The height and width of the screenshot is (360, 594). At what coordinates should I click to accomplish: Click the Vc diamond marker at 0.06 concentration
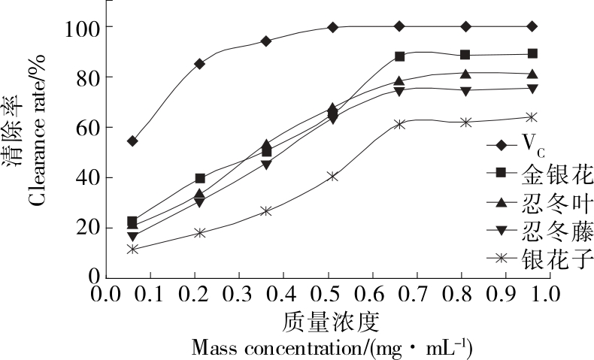pyautogui.click(x=132, y=141)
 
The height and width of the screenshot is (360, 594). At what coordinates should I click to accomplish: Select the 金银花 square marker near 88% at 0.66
pyautogui.click(x=399, y=56)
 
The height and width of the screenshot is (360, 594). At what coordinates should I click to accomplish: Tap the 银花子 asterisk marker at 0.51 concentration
pyautogui.click(x=332, y=176)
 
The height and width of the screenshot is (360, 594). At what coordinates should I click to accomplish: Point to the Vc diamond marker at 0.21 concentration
pyautogui.click(x=199, y=64)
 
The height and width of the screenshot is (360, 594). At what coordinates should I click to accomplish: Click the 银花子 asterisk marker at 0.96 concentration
pyautogui.click(x=532, y=116)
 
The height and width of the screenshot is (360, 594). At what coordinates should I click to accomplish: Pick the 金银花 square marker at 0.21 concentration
pyautogui.click(x=200, y=178)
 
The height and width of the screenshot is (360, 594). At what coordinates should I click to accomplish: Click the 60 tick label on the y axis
pyautogui.click(x=79, y=127)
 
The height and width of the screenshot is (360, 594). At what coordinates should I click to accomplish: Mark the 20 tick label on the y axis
pyautogui.click(x=79, y=228)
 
